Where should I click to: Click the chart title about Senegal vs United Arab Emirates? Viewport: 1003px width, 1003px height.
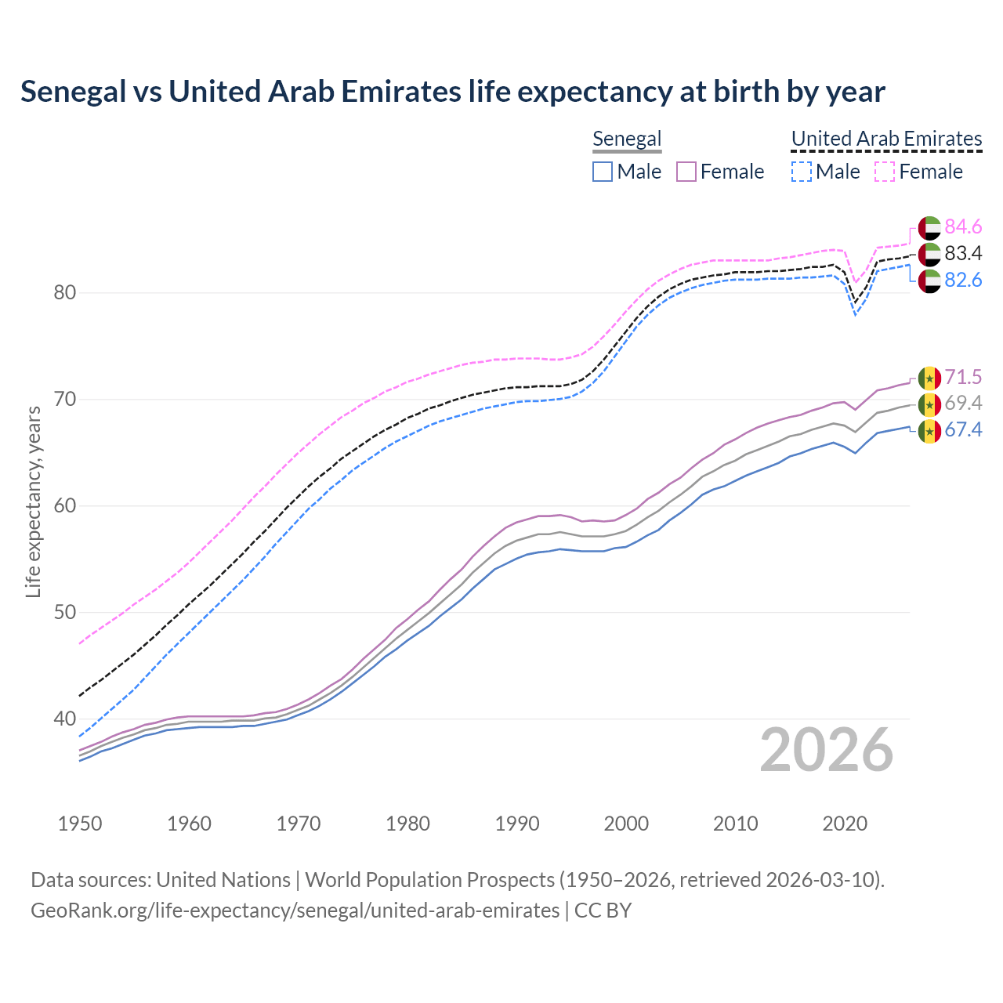(x=452, y=92)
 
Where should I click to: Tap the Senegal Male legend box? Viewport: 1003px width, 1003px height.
(x=602, y=172)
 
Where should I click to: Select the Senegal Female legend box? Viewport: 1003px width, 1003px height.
(x=686, y=172)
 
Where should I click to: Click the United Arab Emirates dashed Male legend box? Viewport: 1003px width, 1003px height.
(x=801, y=172)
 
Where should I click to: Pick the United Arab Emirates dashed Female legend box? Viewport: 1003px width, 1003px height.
(x=885, y=172)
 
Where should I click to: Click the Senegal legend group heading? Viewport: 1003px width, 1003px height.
(x=627, y=139)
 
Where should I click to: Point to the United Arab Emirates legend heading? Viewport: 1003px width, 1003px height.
(x=886, y=139)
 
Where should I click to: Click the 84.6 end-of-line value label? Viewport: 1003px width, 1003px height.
(x=963, y=226)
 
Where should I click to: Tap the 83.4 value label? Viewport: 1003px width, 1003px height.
(x=963, y=253)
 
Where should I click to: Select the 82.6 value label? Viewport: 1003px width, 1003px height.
(x=963, y=280)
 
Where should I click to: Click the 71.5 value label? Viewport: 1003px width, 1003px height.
(x=963, y=377)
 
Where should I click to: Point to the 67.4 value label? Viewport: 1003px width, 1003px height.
(x=963, y=429)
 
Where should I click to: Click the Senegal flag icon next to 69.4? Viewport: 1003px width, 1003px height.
(x=929, y=404)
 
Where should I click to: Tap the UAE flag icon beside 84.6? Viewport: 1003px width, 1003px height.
(x=929, y=227)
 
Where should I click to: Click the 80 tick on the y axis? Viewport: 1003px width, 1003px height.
(x=65, y=293)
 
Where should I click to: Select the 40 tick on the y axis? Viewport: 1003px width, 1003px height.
(x=65, y=719)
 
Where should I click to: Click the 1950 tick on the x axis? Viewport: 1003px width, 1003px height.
(x=80, y=824)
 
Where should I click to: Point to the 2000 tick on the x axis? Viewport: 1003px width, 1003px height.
(x=627, y=824)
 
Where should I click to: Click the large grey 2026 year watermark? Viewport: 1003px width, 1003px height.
(x=826, y=750)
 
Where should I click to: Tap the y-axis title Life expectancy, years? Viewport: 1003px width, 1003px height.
(x=33, y=501)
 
